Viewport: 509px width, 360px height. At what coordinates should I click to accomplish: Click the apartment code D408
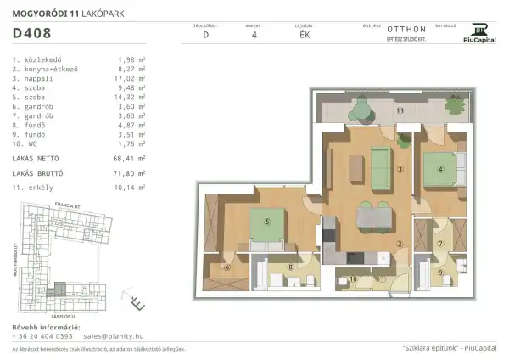point(32,35)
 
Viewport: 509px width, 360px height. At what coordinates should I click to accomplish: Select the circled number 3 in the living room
point(399,168)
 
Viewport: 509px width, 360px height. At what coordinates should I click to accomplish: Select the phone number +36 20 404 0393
point(42,336)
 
